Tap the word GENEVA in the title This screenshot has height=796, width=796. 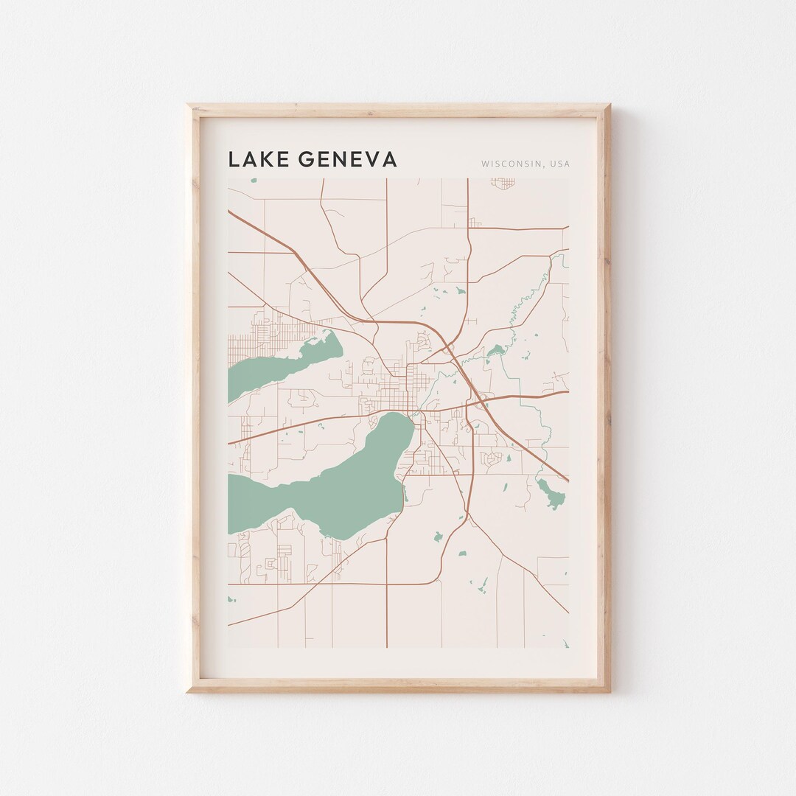click(345, 159)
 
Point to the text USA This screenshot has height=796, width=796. click(559, 164)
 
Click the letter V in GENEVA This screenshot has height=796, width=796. click(366, 159)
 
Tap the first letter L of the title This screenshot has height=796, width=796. click(234, 159)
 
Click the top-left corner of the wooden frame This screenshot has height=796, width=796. click(187, 105)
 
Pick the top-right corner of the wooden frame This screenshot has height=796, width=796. click(610, 105)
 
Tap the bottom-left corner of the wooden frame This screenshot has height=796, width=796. click(187, 691)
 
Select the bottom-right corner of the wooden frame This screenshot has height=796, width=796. click(610, 691)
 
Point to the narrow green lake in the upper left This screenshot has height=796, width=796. click(280, 365)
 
